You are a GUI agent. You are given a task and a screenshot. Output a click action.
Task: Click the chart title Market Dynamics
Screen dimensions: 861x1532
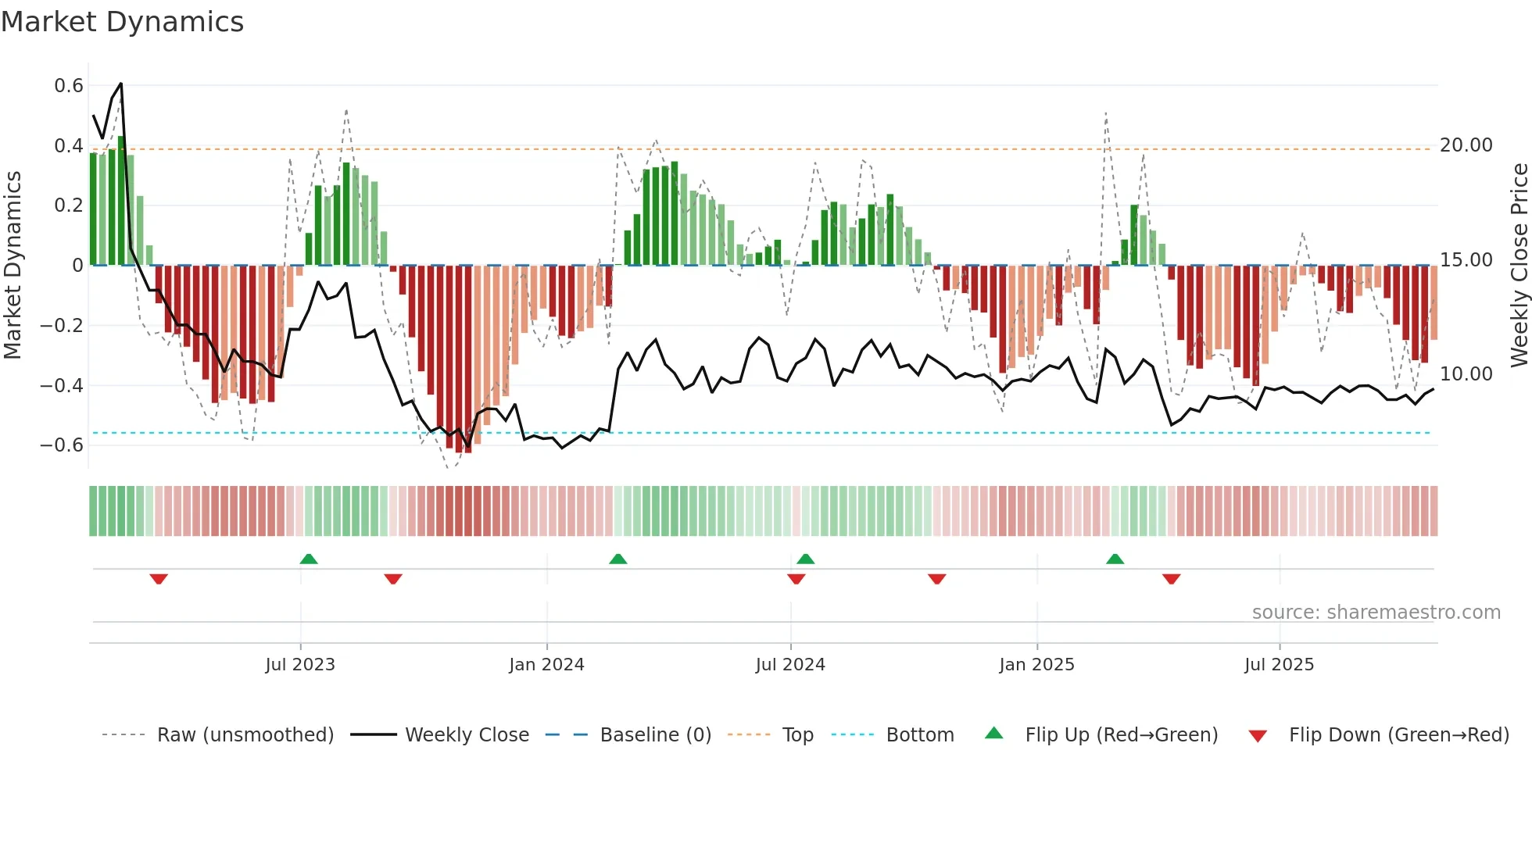122,22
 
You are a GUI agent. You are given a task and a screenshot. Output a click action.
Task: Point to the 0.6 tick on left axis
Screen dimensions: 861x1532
68,85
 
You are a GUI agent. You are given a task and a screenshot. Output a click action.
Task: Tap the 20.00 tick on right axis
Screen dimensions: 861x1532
1466,145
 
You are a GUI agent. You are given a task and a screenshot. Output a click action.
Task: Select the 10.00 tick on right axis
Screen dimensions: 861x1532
1466,374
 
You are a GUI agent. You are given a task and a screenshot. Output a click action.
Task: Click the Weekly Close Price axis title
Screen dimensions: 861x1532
1519,265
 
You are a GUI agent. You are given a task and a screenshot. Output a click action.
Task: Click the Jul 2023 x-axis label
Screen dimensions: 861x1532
300,665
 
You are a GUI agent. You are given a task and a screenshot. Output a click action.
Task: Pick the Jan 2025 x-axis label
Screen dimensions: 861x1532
1036,665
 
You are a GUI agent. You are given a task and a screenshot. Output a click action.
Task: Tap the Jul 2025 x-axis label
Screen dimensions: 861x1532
1279,665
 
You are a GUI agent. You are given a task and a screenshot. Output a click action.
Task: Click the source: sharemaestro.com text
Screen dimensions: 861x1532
1376,613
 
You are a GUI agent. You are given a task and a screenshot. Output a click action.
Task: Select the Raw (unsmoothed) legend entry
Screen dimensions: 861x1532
245,735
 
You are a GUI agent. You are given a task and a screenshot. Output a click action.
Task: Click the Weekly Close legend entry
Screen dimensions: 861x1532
467,735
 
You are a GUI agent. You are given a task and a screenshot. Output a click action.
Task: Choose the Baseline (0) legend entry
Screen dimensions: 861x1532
655,735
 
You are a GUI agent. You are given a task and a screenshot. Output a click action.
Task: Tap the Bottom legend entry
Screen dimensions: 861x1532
919,735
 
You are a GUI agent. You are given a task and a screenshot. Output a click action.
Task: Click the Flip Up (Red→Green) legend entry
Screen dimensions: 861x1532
1121,735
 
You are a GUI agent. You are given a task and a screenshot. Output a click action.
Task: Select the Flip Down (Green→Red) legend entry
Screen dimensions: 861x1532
1398,735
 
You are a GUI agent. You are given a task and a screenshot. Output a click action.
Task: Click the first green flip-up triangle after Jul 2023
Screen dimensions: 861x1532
309,559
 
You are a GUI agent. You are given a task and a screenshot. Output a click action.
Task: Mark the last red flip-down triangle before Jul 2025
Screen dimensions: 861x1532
1171,579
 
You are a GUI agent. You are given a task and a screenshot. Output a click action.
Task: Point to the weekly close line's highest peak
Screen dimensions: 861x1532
121,84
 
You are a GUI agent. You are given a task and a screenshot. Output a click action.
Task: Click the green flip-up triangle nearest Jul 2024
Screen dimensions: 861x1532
806,559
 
